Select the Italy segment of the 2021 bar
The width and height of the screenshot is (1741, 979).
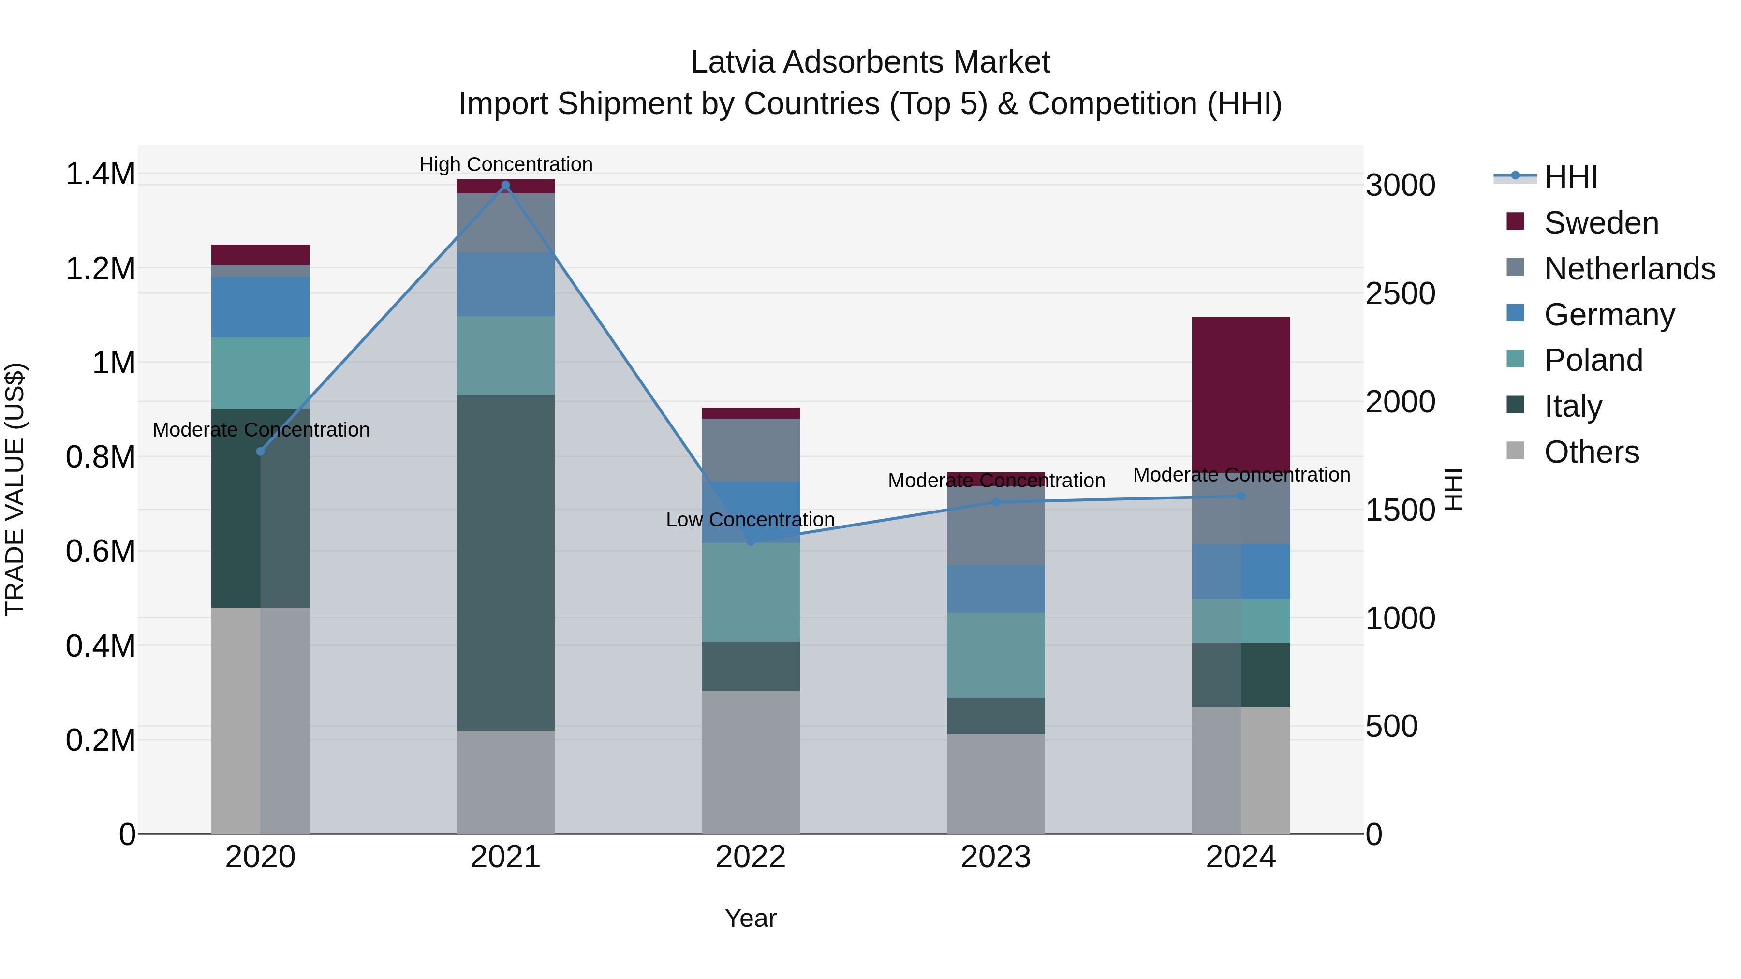pyautogui.click(x=505, y=562)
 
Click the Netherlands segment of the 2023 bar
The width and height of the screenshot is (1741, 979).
pyautogui.click(x=996, y=525)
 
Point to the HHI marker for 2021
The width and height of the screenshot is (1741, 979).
pyautogui.click(x=505, y=185)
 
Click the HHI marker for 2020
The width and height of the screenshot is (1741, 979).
pyautogui.click(x=260, y=452)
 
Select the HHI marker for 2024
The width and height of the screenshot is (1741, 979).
pyautogui.click(x=1241, y=496)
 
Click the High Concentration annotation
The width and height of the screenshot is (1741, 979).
pyautogui.click(x=505, y=164)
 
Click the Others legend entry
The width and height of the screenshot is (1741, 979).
pyautogui.click(x=1591, y=452)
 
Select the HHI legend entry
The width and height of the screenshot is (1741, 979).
pyautogui.click(x=1571, y=177)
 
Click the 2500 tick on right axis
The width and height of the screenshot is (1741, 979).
pyautogui.click(x=1401, y=293)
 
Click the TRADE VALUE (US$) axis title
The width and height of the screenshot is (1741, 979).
pyautogui.click(x=15, y=489)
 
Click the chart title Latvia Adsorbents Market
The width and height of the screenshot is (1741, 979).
pyautogui.click(x=870, y=62)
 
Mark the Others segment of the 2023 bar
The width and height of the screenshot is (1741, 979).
pyautogui.click(x=996, y=784)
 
